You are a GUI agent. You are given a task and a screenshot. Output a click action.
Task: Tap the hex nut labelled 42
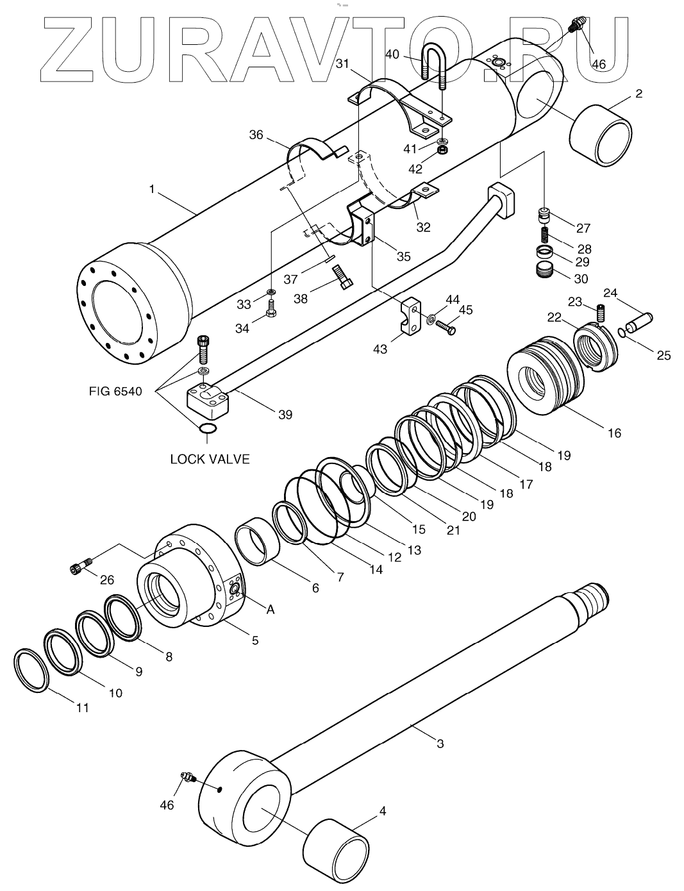pos(442,151)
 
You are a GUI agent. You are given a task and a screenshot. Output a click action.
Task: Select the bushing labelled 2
pos(601,135)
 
